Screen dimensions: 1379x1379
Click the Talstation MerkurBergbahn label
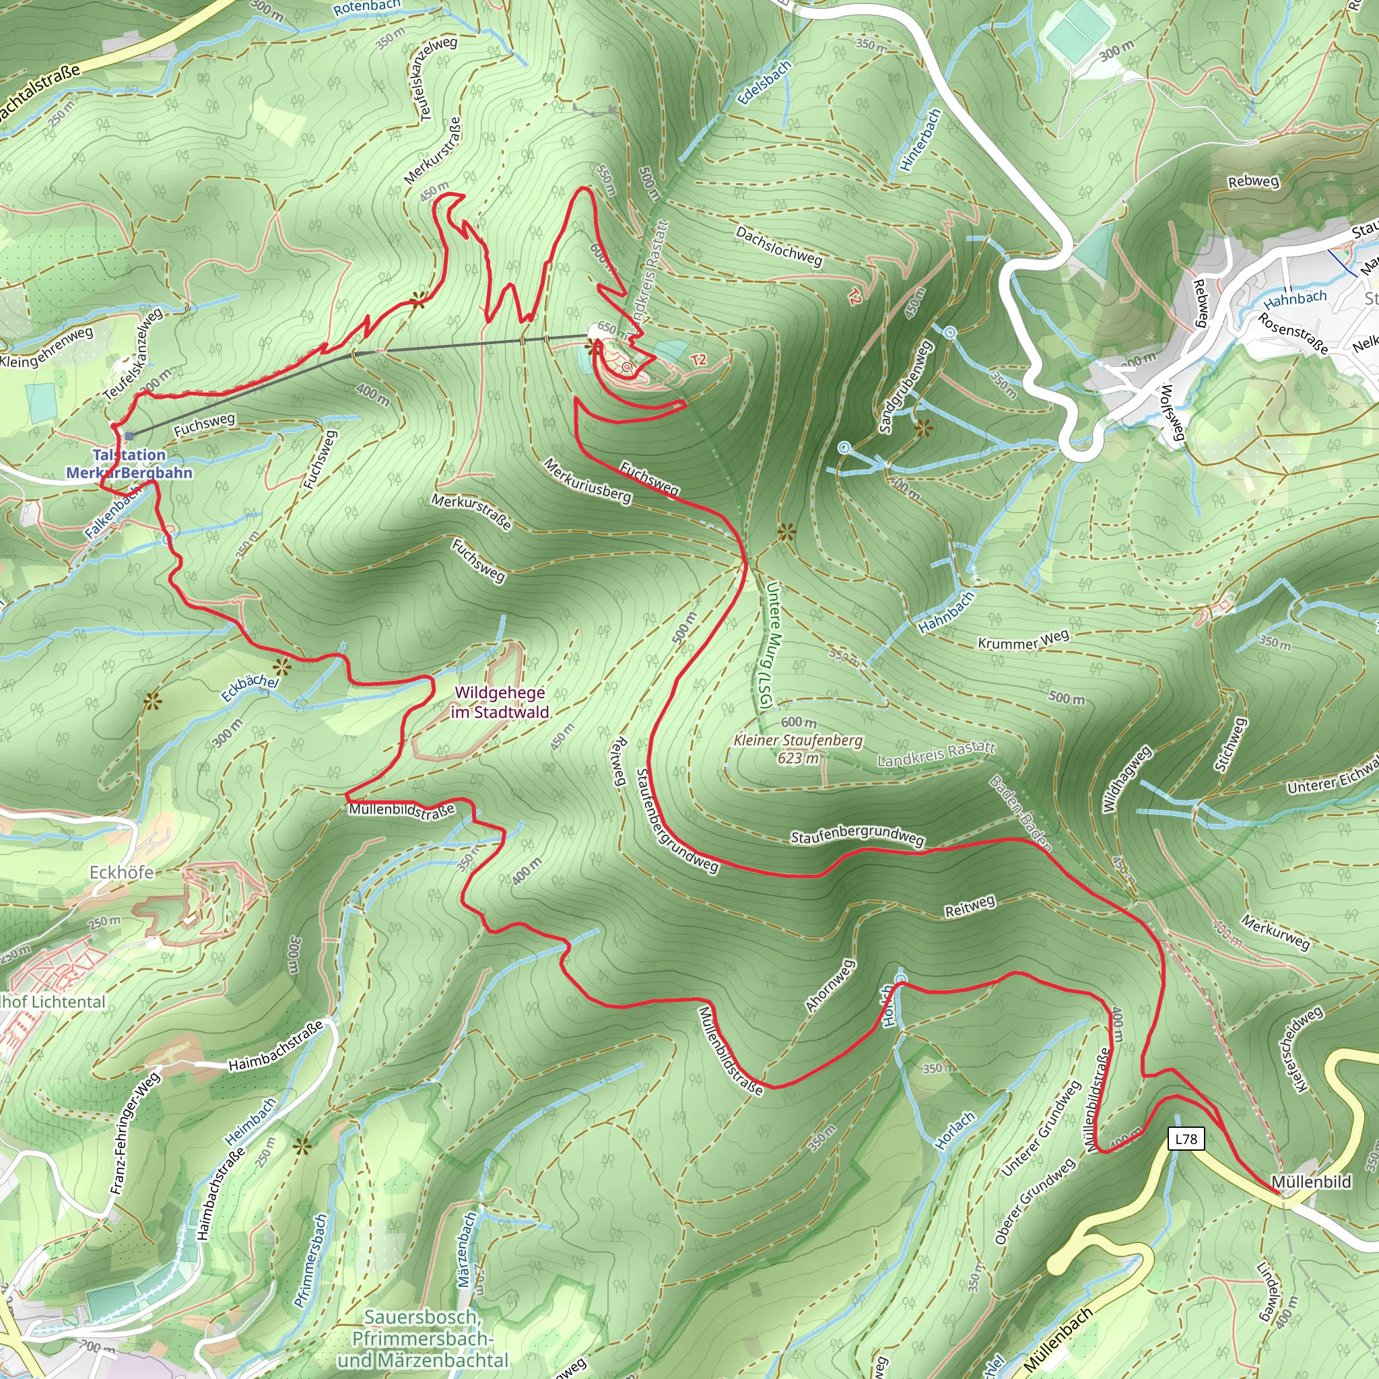129,464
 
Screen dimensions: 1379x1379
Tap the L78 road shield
1186,1139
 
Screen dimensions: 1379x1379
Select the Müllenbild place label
1311,1182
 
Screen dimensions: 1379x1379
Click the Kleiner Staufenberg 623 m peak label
798,749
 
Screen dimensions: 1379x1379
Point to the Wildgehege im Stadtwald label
500,702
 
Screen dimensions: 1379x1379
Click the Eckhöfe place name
121,872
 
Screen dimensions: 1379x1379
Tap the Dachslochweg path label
779,246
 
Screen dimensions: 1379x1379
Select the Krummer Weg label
1023,640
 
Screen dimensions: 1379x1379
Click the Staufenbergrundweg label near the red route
857,838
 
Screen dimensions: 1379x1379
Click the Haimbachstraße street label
275,1046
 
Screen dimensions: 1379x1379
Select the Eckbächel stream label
250,687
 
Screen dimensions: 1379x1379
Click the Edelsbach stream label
764,82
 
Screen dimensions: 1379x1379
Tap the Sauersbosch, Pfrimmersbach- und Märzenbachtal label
423,1339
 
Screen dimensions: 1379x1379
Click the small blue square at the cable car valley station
129,436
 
